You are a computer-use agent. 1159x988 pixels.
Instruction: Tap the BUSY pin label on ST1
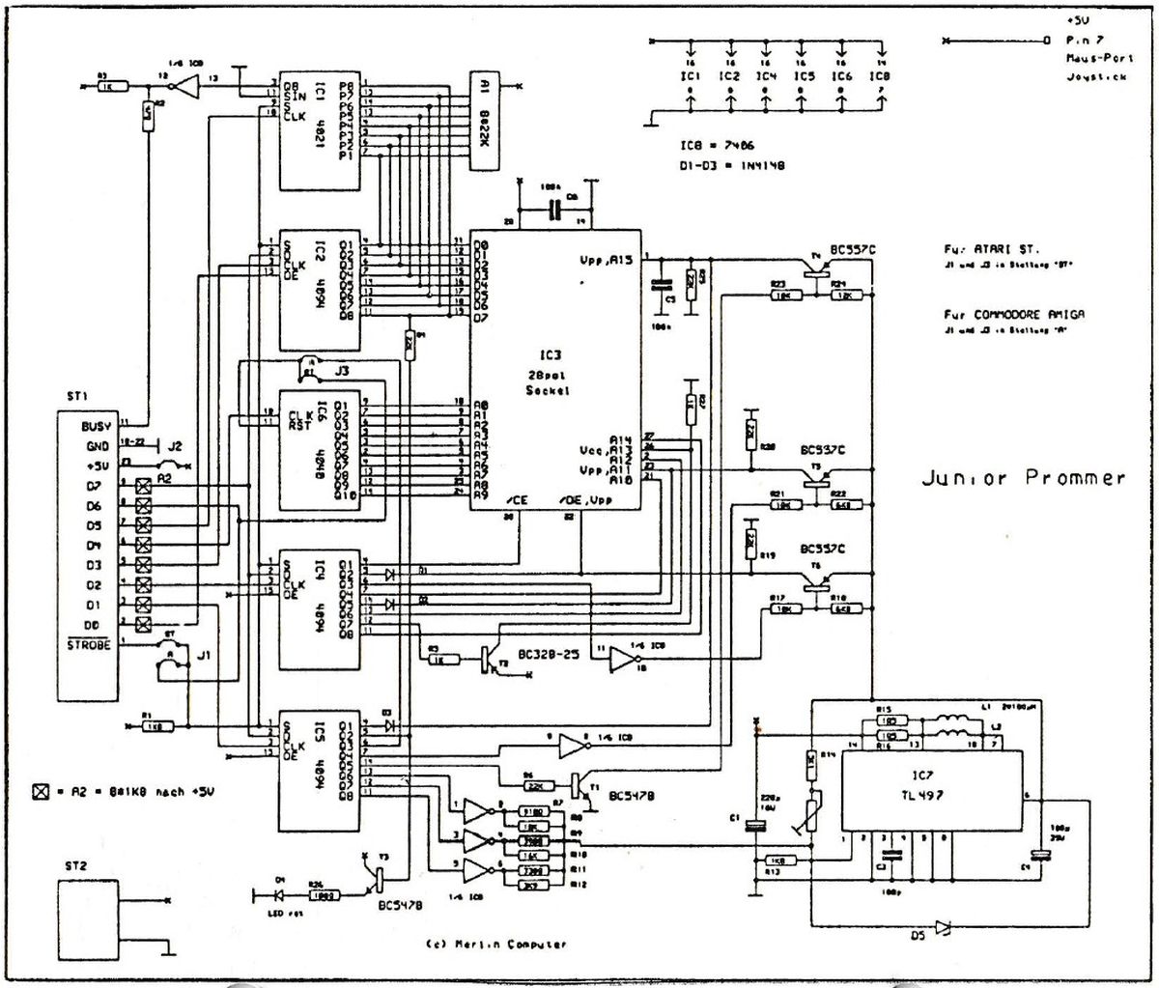point(97,426)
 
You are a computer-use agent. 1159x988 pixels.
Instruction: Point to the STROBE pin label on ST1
point(89,644)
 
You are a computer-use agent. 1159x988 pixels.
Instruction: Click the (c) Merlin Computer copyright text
point(495,945)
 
